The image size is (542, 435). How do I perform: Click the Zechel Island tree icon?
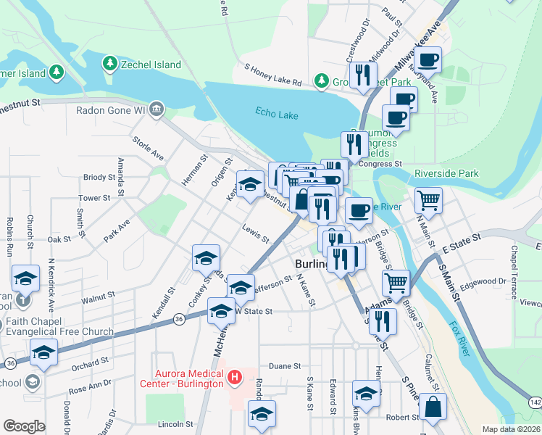(109, 64)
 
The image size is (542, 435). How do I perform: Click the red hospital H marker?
(233, 376)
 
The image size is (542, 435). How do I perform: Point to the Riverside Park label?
(447, 173)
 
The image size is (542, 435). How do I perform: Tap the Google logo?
(24, 426)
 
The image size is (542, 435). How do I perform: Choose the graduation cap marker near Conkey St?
(206, 257)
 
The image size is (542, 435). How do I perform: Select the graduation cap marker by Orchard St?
(43, 352)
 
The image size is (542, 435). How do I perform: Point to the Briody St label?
(99, 177)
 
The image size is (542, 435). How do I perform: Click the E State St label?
(464, 237)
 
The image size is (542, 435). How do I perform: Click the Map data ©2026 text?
(510, 429)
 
